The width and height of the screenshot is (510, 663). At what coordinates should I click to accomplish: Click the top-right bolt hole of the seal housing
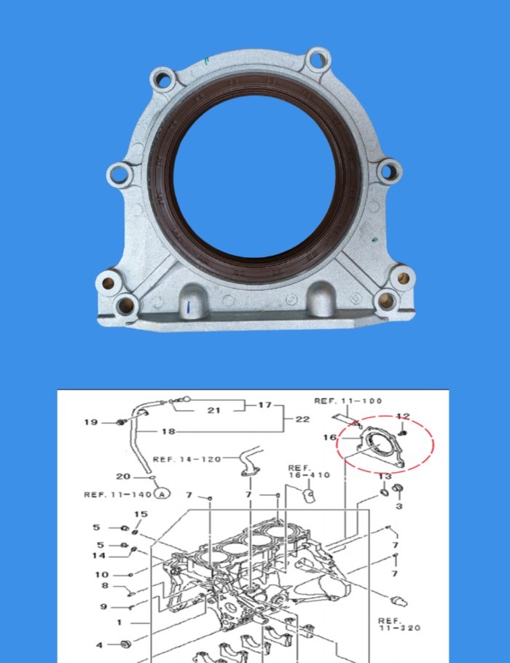(317, 59)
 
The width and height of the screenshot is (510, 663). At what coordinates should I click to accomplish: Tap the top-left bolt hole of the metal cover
(162, 78)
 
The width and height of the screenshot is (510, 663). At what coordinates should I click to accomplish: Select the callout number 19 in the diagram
(90, 423)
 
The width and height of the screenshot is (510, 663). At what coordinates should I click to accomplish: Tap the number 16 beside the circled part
(330, 438)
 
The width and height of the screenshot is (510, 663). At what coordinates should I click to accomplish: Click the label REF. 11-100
(348, 401)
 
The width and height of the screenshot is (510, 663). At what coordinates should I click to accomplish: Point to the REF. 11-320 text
(399, 624)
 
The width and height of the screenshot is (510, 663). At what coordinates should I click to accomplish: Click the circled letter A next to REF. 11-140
(161, 494)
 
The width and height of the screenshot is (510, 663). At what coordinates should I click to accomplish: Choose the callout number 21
(213, 410)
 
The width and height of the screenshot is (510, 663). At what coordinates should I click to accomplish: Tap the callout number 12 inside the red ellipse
(403, 417)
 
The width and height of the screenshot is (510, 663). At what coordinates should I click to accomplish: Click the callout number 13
(385, 476)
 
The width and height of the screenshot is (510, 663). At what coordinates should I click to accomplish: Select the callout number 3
(399, 505)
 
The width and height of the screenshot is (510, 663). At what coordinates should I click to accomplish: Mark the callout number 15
(141, 514)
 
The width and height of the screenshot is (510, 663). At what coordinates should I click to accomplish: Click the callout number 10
(101, 574)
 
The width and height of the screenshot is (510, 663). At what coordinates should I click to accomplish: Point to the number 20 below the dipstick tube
(122, 476)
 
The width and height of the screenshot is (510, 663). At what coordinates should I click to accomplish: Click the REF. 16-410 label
(309, 471)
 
